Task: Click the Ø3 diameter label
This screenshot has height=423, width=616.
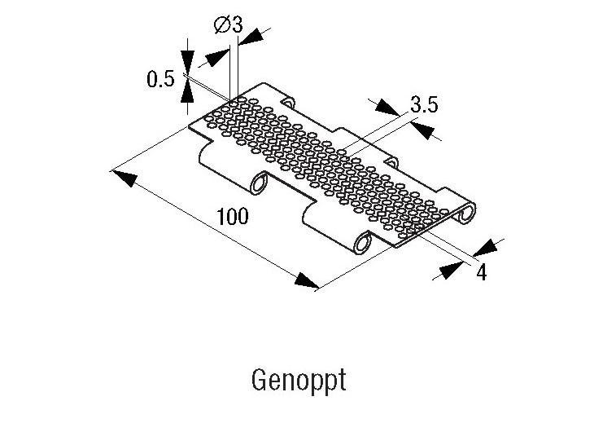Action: pyautogui.click(x=229, y=24)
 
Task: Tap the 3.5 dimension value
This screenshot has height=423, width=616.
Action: pyautogui.click(x=425, y=105)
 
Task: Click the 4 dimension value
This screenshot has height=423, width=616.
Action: pyautogui.click(x=481, y=272)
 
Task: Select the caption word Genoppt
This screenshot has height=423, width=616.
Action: pyautogui.click(x=299, y=381)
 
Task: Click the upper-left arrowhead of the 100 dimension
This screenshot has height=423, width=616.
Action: pyautogui.click(x=123, y=175)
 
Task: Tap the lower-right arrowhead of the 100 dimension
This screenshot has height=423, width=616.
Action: pyautogui.click(x=306, y=281)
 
